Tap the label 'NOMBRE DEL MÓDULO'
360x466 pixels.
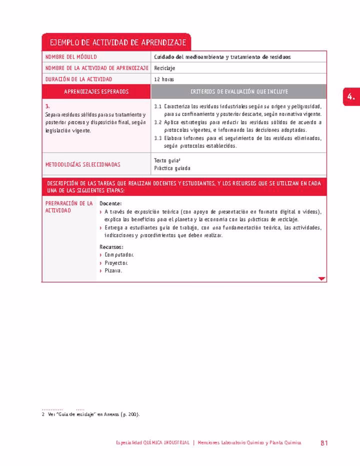pyautogui.click(x=71, y=57)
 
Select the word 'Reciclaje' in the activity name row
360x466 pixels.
pyautogui.click(x=164, y=68)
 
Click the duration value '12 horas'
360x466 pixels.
pyautogui.click(x=164, y=79)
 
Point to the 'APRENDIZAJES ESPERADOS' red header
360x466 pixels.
pyautogui.click(x=96, y=91)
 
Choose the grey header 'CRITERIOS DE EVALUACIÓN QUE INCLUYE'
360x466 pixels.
pyautogui.click(x=239, y=91)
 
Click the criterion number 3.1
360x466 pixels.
pyautogui.click(x=157, y=106)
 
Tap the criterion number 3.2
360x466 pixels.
pyautogui.click(x=157, y=122)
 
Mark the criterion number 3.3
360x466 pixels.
pyautogui.click(x=157, y=138)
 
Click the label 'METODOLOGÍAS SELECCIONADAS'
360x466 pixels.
pyautogui.click(x=82, y=164)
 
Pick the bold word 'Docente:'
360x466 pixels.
pyautogui.click(x=110, y=203)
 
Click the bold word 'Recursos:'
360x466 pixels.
pyautogui.click(x=111, y=246)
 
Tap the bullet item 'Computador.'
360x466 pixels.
pyautogui.click(x=119, y=254)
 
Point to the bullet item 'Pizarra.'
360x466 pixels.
pyautogui.click(x=113, y=270)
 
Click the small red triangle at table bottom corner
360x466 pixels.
pyautogui.click(x=321, y=278)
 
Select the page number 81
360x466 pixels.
pyautogui.click(x=324, y=443)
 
